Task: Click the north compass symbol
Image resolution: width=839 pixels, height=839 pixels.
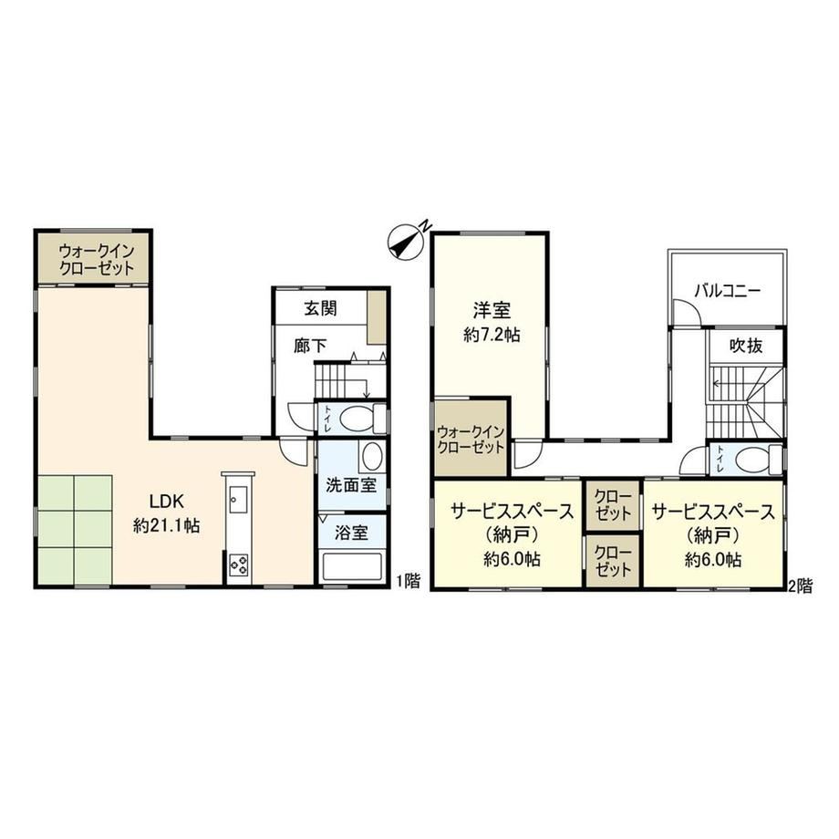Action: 407,242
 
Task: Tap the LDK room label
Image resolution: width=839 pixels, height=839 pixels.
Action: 166,502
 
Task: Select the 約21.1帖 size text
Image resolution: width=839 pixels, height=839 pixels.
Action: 166,526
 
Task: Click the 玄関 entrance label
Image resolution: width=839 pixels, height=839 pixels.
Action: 320,308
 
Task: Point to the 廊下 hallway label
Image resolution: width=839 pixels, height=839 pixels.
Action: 310,346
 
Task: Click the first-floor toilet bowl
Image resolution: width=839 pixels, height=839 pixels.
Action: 357,419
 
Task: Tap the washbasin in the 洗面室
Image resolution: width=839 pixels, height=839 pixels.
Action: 371,457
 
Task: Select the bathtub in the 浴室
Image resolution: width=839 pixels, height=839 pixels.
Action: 351,566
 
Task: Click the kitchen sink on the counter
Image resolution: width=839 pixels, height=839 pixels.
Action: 238,499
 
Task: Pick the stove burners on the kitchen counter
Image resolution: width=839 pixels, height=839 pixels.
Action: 239,565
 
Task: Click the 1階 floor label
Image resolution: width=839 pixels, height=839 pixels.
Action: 409,581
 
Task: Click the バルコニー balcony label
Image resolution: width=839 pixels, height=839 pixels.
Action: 727,291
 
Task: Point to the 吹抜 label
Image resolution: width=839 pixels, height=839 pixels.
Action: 746,346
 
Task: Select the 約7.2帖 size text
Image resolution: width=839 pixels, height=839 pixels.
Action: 492,335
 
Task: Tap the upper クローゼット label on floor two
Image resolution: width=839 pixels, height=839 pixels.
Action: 613,505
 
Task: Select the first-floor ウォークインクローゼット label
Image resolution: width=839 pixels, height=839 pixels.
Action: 97,259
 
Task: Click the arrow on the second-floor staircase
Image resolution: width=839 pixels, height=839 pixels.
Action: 722,383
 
